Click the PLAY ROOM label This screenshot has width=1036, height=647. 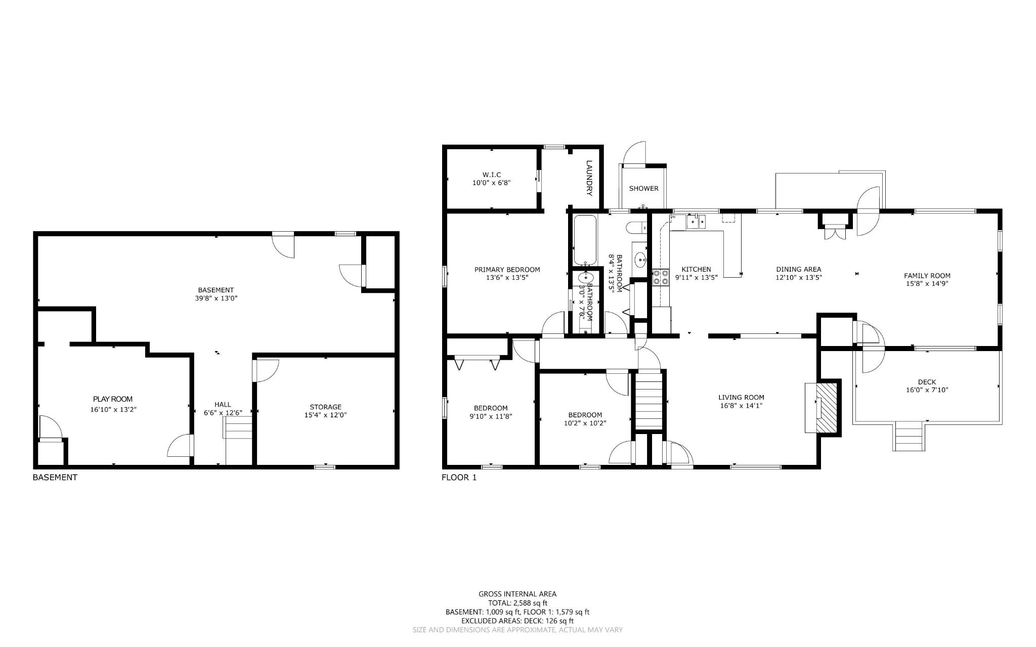tap(113, 399)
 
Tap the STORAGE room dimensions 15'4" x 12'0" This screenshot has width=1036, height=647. tap(325, 415)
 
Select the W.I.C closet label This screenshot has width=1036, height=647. tap(491, 175)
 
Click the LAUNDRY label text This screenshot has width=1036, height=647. tap(589, 178)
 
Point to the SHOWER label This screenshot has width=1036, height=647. tap(643, 188)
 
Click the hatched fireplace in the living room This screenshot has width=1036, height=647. tap(828, 407)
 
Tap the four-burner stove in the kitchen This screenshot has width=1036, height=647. tap(660, 277)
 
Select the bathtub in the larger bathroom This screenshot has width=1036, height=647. tap(585, 240)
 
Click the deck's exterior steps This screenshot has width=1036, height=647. tap(909, 436)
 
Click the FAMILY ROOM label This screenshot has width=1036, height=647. tap(927, 276)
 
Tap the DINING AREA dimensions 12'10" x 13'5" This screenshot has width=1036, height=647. tap(798, 278)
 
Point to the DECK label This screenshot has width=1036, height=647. tap(927, 382)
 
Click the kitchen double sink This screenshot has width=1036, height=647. tap(696, 222)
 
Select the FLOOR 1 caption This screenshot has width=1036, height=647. tap(459, 477)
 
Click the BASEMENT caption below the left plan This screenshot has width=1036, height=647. tap(55, 477)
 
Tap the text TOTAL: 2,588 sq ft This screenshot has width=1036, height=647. tap(517, 603)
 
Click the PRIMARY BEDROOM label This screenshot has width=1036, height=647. tap(507, 270)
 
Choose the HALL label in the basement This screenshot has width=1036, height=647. tap(223, 404)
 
